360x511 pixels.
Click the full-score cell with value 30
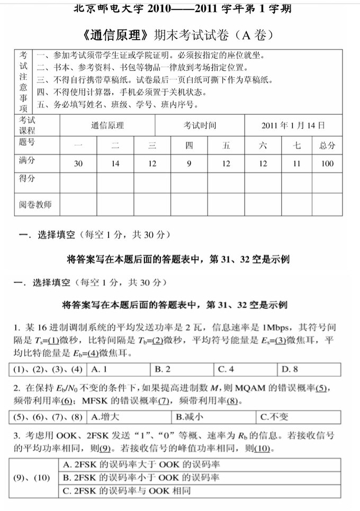(x=78, y=163)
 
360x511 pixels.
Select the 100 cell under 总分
(x=327, y=163)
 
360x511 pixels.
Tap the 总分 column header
(x=327, y=145)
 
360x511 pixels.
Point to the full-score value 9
(x=189, y=163)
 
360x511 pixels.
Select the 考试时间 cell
(x=200, y=125)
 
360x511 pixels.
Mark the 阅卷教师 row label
(x=36, y=204)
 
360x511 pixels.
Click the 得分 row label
(x=27, y=179)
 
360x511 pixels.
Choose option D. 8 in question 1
(x=290, y=369)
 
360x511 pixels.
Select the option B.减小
(x=190, y=417)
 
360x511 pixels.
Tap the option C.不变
(x=275, y=417)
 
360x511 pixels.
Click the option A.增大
(x=104, y=417)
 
